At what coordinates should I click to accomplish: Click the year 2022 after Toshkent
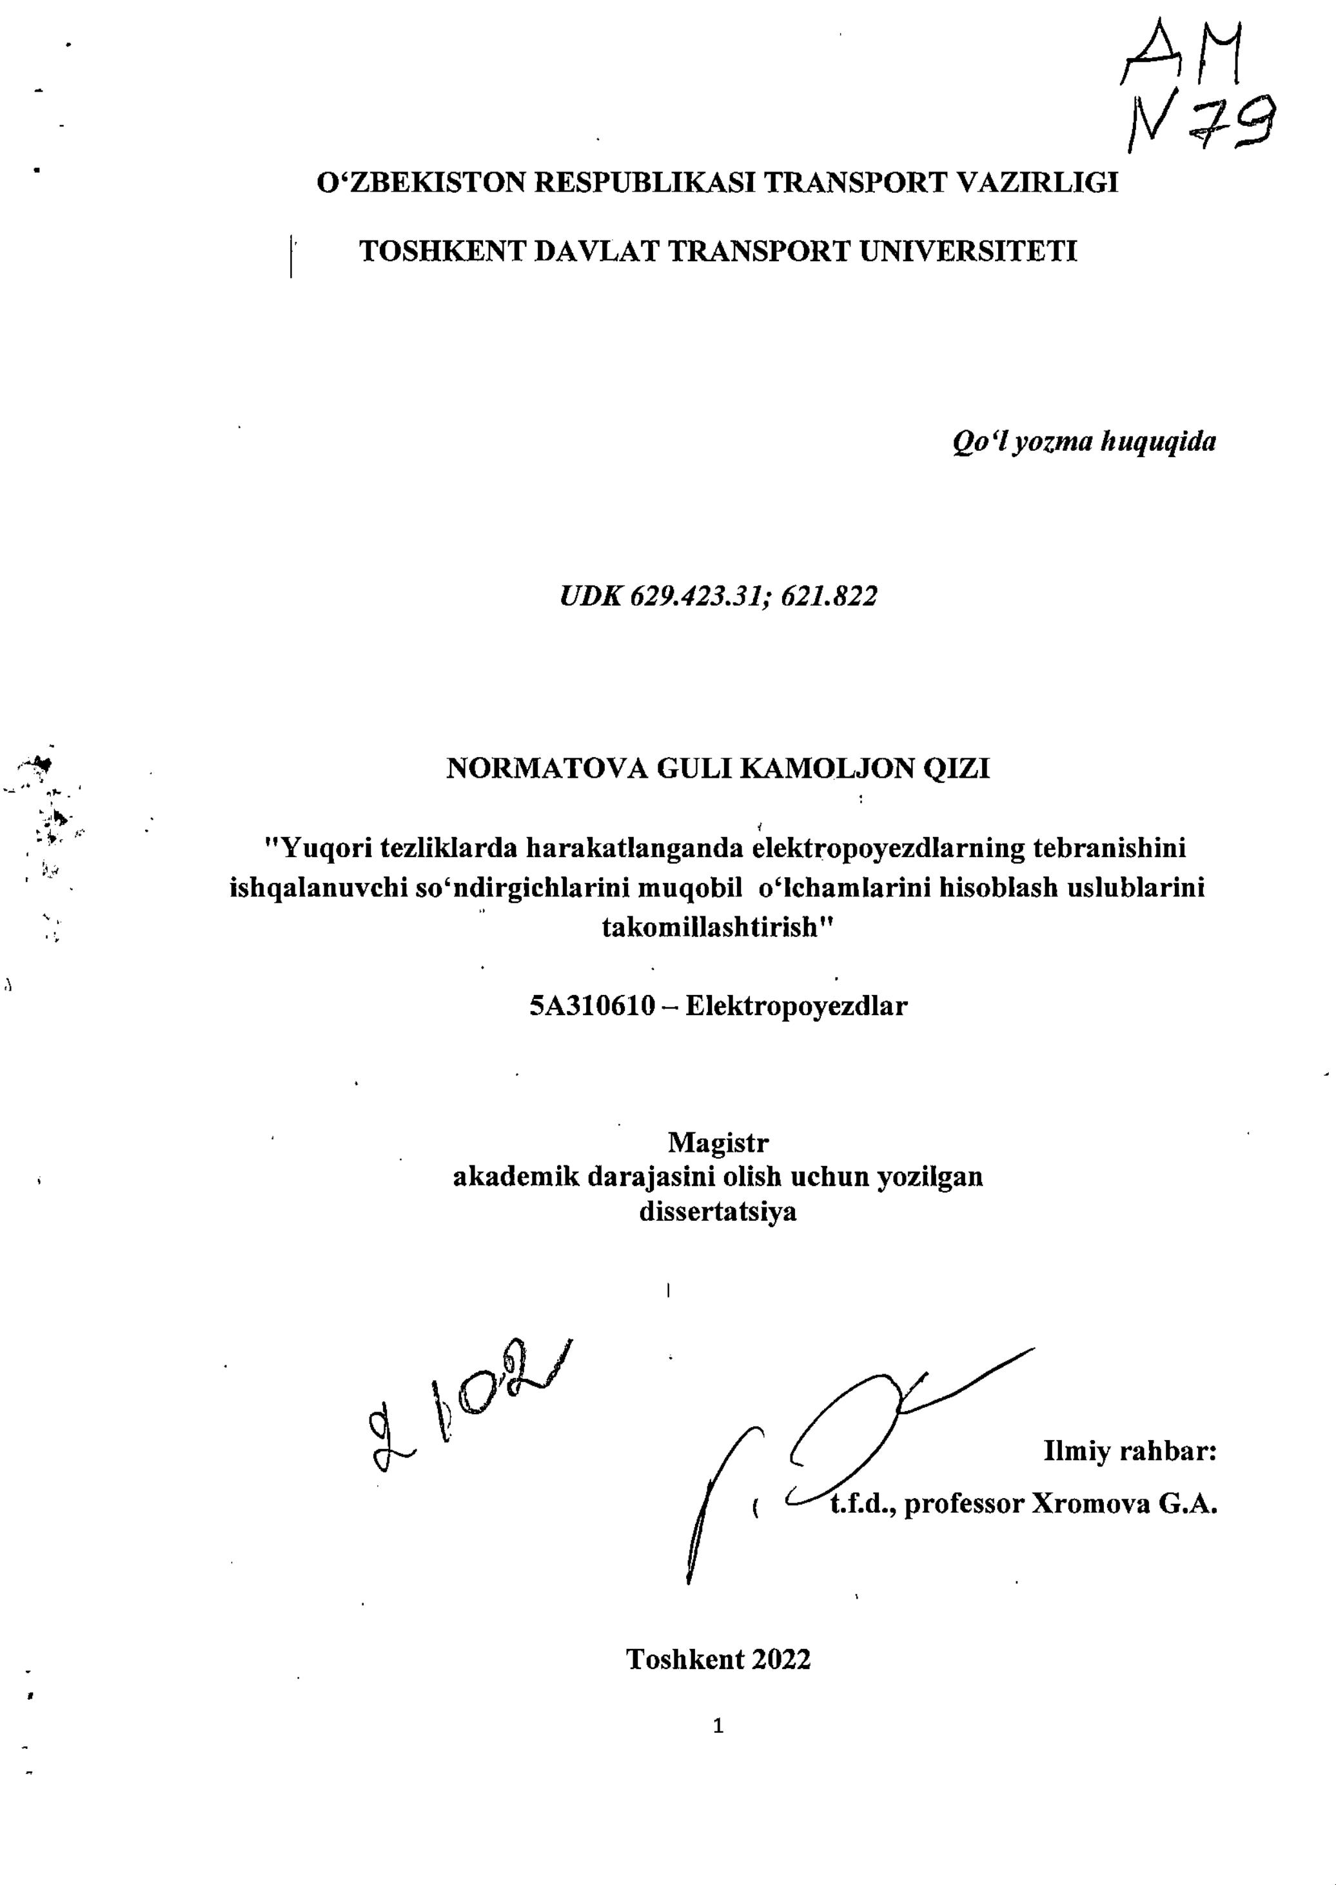pyautogui.click(x=780, y=1659)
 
